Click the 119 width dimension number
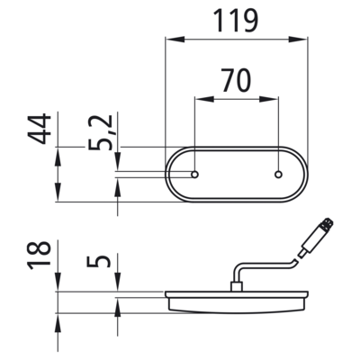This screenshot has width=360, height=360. [x=237, y=21]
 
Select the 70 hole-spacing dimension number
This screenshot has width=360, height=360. [x=237, y=80]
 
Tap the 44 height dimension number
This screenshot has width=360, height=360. [x=40, y=129]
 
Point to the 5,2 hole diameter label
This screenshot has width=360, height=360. [x=101, y=132]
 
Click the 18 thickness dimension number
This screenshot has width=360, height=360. [x=40, y=255]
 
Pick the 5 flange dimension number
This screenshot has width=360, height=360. [x=99, y=261]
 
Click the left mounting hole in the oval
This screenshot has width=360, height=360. [x=195, y=175]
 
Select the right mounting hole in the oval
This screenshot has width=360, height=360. [x=279, y=175]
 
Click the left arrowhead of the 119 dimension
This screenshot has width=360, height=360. [x=175, y=40]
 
